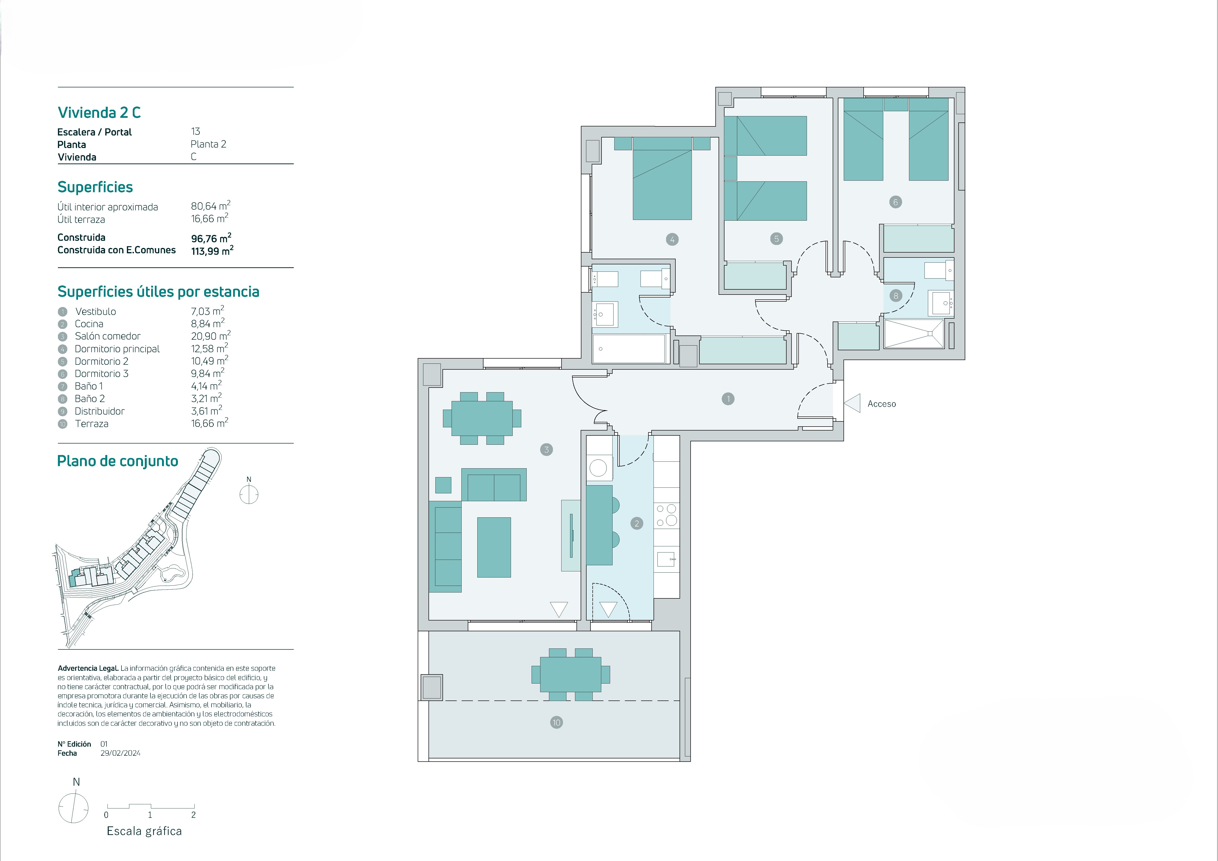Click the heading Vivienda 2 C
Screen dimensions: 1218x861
point(99,112)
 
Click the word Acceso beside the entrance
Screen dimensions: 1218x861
point(882,404)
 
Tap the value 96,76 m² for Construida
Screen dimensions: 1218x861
point(211,238)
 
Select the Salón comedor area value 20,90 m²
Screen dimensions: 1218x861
point(211,336)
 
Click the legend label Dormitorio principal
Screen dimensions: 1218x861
point(117,349)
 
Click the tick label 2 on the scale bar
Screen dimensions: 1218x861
point(194,815)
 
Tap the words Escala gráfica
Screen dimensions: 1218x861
point(144,831)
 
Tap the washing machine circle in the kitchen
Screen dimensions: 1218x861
point(598,468)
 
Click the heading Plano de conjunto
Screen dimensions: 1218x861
point(117,461)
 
